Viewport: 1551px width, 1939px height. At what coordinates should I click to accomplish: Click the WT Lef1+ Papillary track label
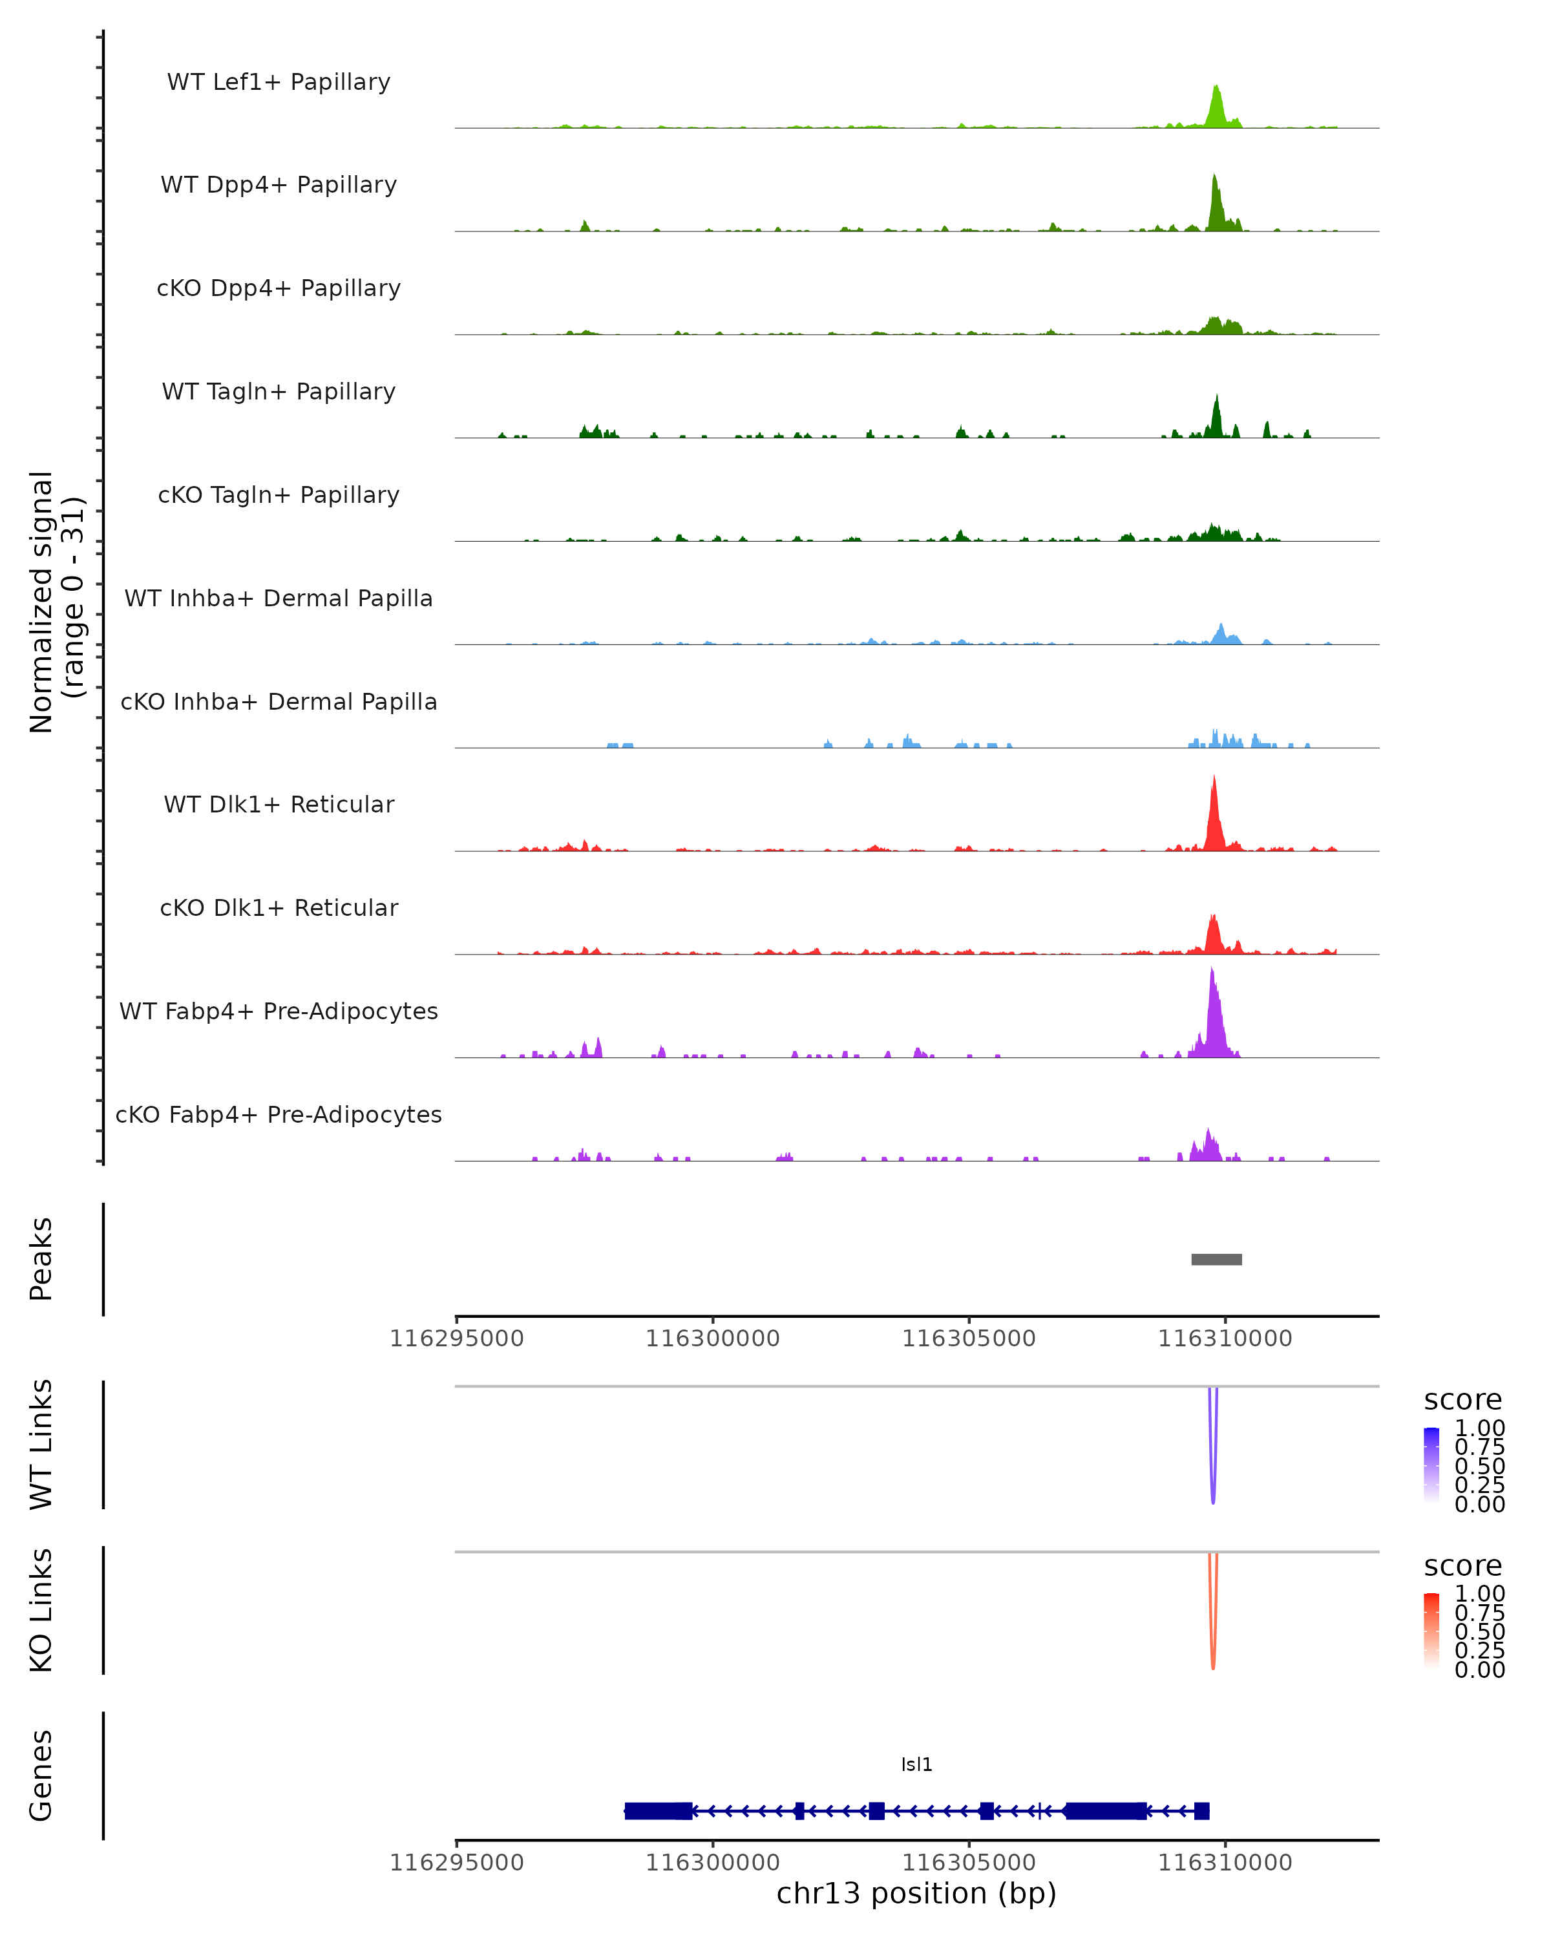279,82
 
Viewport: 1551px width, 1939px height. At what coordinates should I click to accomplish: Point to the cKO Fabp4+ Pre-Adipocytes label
279,1114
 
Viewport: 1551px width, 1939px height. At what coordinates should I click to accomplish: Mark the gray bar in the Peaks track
1216,1259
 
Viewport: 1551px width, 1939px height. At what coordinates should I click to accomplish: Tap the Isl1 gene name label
916,1764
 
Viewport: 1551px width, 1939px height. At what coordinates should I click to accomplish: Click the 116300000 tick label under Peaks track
712,1339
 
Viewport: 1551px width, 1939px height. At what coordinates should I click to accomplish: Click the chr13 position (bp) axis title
916,1893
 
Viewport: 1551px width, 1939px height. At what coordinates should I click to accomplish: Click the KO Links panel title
41,1611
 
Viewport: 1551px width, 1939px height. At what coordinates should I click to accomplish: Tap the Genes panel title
41,1775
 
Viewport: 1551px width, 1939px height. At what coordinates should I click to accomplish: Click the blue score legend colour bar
1431,1465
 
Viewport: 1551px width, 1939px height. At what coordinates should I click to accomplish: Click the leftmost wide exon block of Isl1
658,1810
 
